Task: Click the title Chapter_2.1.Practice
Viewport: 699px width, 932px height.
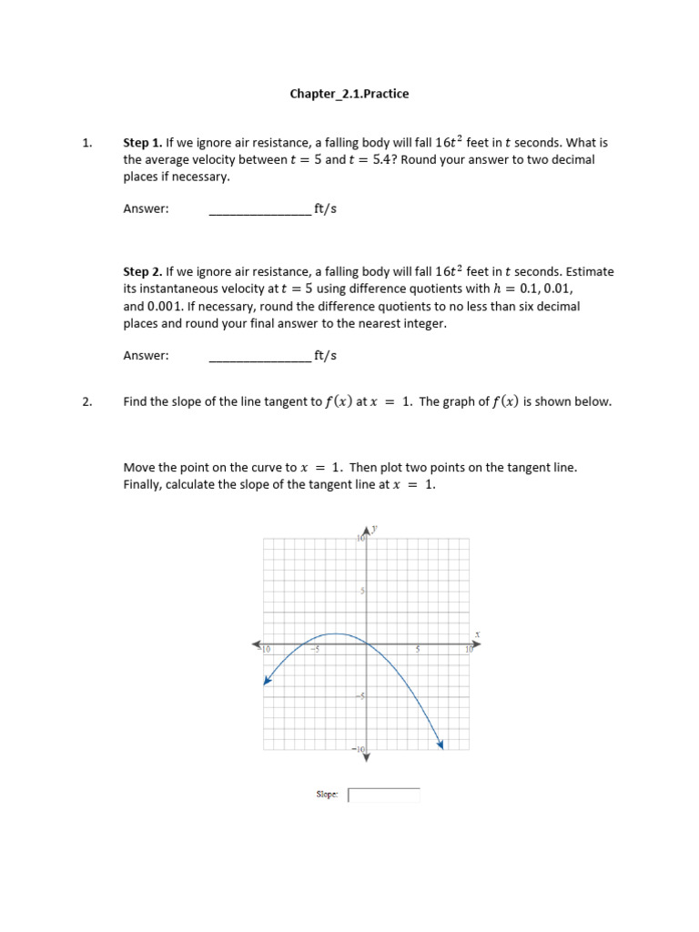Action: pyautogui.click(x=349, y=94)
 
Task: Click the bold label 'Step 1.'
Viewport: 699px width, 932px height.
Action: pyautogui.click(x=143, y=143)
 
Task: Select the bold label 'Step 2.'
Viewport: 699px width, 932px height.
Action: pyautogui.click(x=143, y=271)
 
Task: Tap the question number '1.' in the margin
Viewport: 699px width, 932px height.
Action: pyautogui.click(x=88, y=143)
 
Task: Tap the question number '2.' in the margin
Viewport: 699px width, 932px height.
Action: pyautogui.click(x=88, y=401)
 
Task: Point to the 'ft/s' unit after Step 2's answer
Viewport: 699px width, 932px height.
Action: pyautogui.click(x=325, y=356)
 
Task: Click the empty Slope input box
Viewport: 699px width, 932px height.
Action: pyautogui.click(x=384, y=795)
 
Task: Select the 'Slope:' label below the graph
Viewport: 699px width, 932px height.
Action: pyautogui.click(x=327, y=795)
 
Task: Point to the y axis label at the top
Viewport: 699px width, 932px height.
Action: pyautogui.click(x=376, y=529)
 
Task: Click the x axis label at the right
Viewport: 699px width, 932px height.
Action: pyautogui.click(x=477, y=634)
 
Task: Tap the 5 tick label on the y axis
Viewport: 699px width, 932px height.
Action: pyautogui.click(x=362, y=592)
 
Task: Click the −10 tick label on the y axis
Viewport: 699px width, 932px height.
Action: pyautogui.click(x=360, y=749)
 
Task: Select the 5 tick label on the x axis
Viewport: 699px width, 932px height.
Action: pyautogui.click(x=418, y=650)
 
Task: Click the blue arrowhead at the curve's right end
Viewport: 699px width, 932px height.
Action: pyautogui.click(x=441, y=745)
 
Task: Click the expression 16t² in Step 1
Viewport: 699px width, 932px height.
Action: pyautogui.click(x=449, y=143)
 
